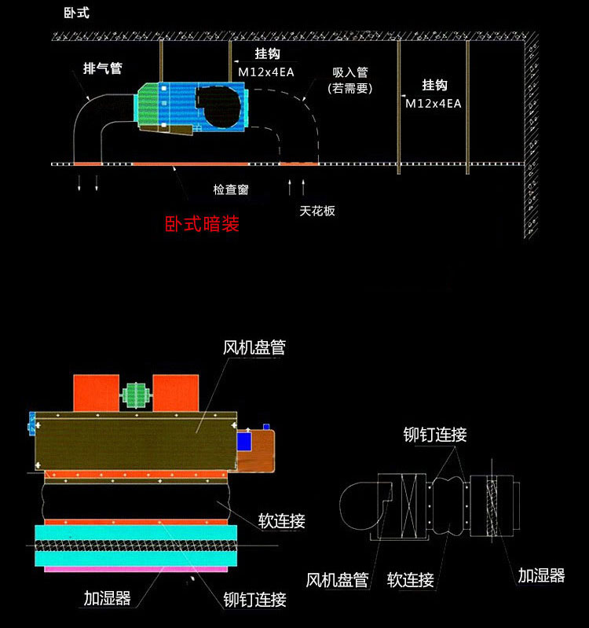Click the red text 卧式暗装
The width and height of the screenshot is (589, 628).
point(202,223)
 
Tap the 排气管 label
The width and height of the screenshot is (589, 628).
point(102,68)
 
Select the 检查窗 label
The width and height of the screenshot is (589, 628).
point(231,189)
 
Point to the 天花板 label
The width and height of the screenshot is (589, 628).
point(317,211)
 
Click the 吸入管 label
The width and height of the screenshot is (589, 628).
point(350,72)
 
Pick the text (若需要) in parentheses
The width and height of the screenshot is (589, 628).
point(350,88)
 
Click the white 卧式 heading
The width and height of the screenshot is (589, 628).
point(76,13)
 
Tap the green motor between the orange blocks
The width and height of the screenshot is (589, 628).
point(136,395)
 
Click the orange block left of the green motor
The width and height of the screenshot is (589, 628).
point(97,393)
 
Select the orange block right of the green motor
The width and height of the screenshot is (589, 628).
point(176,393)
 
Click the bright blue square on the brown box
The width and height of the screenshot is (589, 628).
point(244,442)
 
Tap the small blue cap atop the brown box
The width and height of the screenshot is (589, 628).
point(266,427)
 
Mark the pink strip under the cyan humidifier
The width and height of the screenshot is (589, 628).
point(136,569)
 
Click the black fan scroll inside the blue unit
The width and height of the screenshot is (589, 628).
point(218,106)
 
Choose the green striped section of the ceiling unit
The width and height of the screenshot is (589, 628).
point(148,105)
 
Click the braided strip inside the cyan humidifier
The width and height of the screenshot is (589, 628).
point(136,545)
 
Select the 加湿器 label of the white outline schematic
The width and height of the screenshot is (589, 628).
point(541,575)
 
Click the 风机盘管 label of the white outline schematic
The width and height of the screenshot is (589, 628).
point(338,580)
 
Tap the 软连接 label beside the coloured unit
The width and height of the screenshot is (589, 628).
point(282,521)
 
